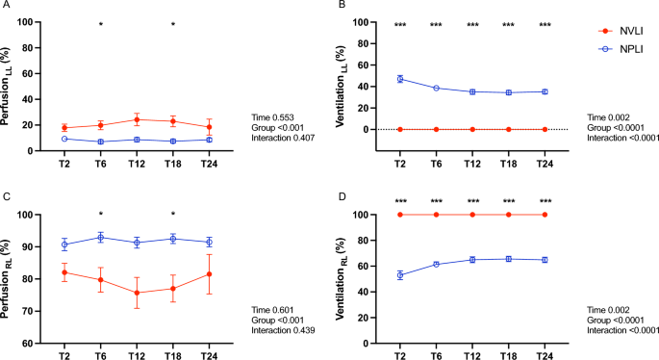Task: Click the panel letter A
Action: (x=7, y=7)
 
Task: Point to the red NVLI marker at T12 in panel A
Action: (x=137, y=120)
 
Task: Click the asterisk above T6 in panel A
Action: (x=100, y=24)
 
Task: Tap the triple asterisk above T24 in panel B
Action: (x=545, y=25)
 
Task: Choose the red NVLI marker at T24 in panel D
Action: (x=545, y=214)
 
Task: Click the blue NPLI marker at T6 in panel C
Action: (x=100, y=237)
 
